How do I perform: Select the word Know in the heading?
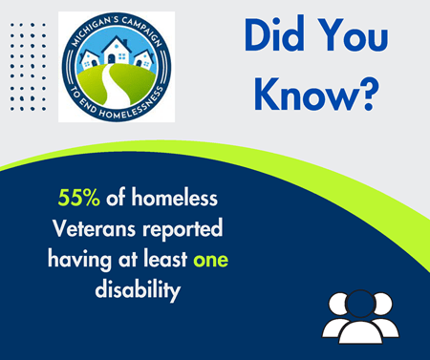pyautogui.click(x=300, y=91)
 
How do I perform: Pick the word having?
pyautogui.click(x=81, y=260)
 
